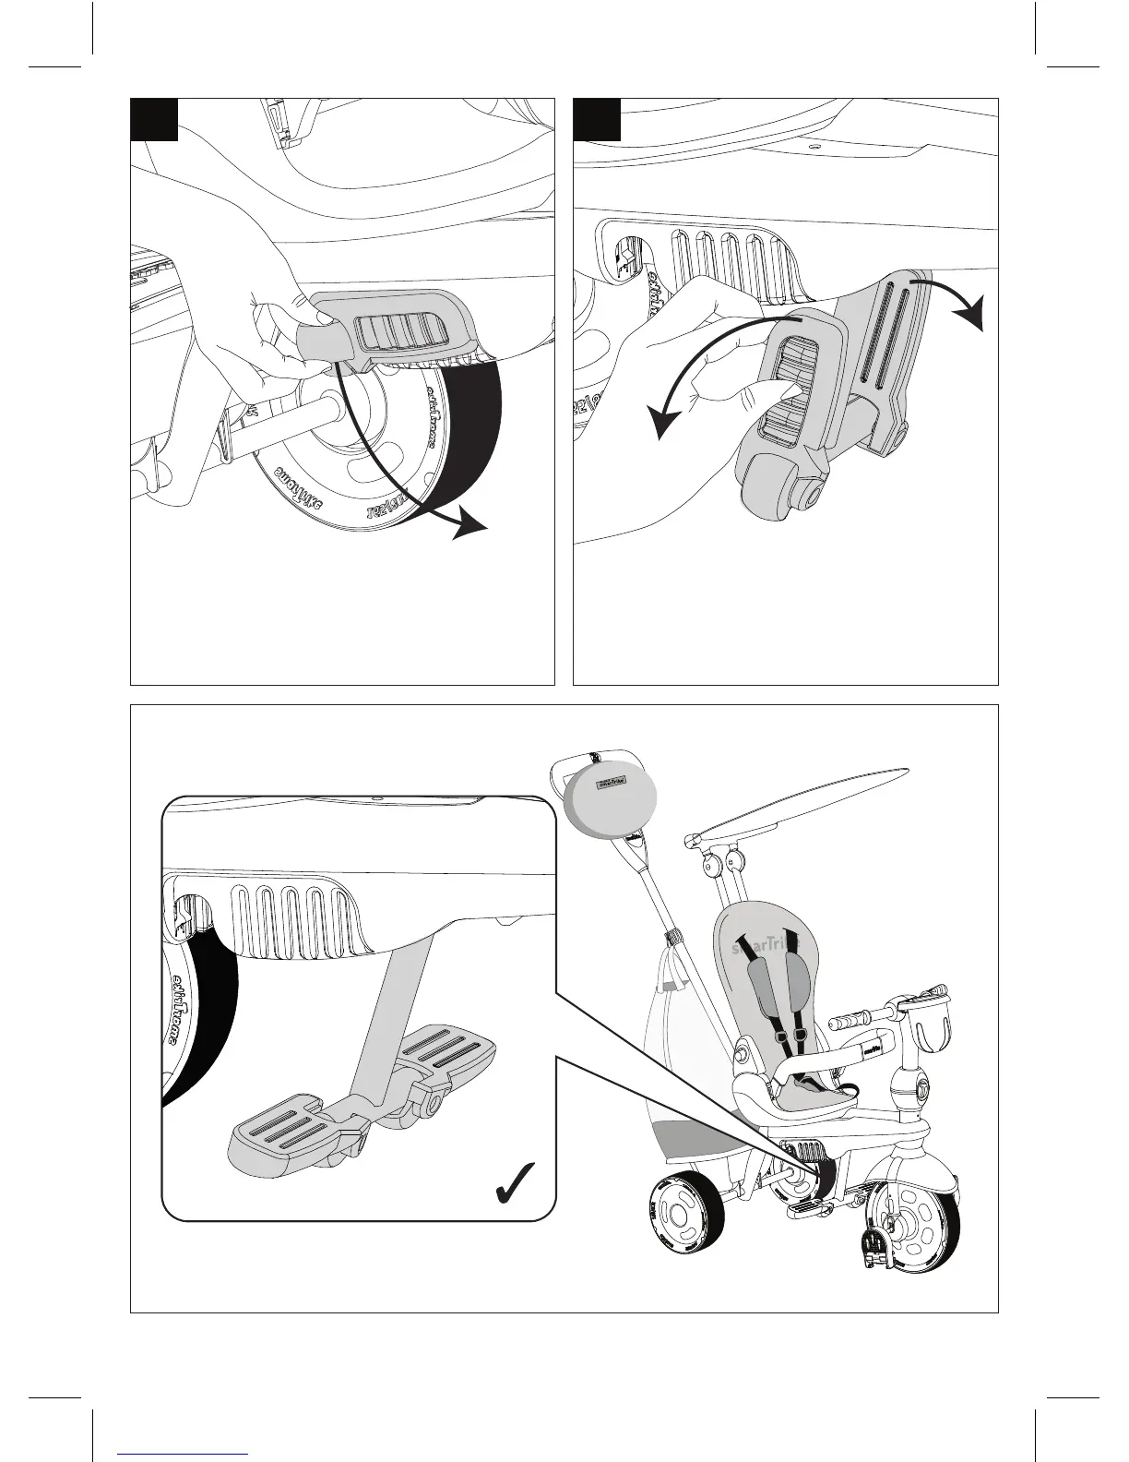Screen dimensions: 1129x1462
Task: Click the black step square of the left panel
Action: tap(153, 120)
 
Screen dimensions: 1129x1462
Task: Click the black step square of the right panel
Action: tap(597, 120)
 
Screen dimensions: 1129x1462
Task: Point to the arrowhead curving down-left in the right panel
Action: tap(660, 424)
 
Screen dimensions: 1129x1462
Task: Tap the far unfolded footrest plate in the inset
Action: tap(447, 1053)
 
